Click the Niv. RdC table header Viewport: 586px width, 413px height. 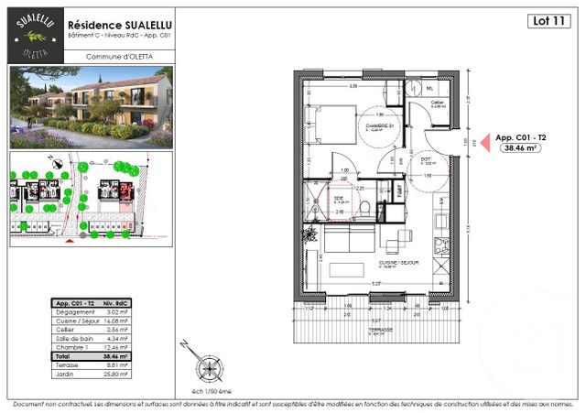pos(113,304)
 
